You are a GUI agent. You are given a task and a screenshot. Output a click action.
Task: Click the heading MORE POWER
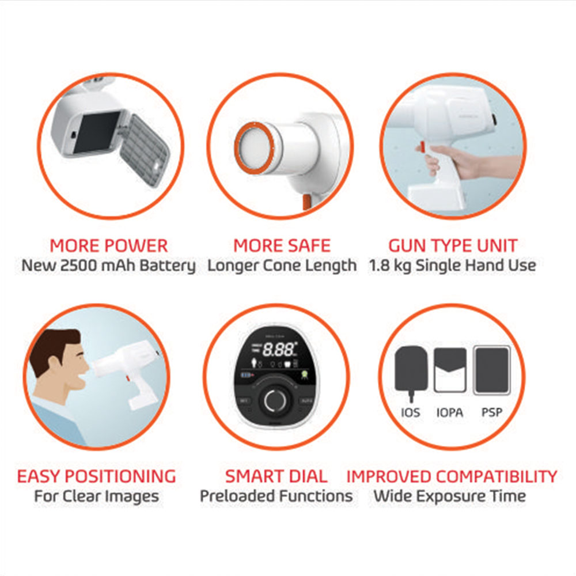[108, 246]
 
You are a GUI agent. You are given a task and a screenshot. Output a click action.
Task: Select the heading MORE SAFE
[282, 246]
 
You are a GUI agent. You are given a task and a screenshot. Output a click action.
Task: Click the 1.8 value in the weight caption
[380, 266]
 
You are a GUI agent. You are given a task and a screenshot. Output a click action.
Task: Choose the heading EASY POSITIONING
[96, 477]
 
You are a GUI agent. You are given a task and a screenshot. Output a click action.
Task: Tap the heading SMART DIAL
[276, 477]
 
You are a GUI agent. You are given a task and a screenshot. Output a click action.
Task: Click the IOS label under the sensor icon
[411, 413]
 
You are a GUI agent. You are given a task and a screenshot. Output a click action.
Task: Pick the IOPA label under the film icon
[449, 413]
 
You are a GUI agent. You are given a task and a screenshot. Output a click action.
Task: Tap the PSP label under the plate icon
[491, 413]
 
